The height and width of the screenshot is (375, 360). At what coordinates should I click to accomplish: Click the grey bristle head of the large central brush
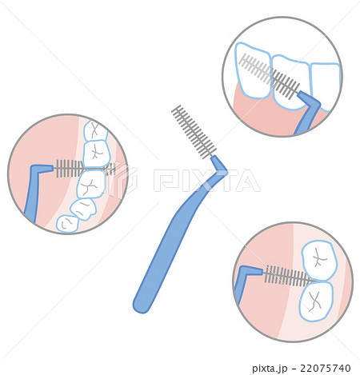pos(194,133)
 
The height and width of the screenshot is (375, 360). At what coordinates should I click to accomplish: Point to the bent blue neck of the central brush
pos(219,168)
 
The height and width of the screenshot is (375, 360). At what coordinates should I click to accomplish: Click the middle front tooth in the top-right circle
pos(290,82)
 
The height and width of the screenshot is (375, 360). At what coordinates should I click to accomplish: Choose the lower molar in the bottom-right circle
pos(317,301)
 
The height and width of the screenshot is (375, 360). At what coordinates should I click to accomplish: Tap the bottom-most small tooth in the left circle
pos(66,223)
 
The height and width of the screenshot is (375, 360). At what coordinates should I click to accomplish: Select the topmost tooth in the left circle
pos(94,130)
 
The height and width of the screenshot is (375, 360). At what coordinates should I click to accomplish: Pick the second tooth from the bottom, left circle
pos(83,209)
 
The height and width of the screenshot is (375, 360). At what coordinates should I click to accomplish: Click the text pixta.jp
pos(270,369)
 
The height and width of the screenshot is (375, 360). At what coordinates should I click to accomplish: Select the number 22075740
pos(325,368)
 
